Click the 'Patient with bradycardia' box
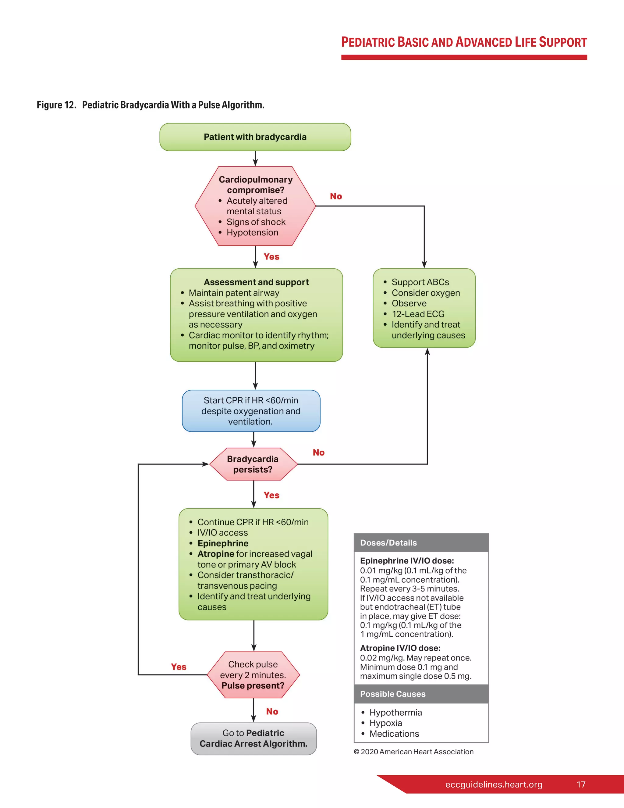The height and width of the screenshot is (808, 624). (x=255, y=137)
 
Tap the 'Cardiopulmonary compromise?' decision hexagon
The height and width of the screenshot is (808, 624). (x=255, y=206)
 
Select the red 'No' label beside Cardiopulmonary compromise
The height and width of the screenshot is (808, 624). (x=336, y=196)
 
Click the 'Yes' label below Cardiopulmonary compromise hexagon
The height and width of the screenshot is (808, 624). (x=271, y=257)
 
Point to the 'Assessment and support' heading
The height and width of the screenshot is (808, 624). (x=256, y=282)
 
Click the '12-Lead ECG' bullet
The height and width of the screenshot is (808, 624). (x=418, y=314)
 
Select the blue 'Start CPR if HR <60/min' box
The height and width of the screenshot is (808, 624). (x=251, y=411)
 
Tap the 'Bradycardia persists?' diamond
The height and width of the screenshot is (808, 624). (x=253, y=464)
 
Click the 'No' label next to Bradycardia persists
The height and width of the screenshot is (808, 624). (x=319, y=452)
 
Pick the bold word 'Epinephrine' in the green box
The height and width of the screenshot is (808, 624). (x=223, y=543)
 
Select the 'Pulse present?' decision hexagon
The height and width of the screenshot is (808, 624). (x=253, y=675)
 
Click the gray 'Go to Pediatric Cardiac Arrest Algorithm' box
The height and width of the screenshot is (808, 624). (x=253, y=738)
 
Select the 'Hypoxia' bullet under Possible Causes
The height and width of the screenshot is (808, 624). (x=385, y=723)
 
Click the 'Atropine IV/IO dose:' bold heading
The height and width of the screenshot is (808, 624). (x=400, y=648)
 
